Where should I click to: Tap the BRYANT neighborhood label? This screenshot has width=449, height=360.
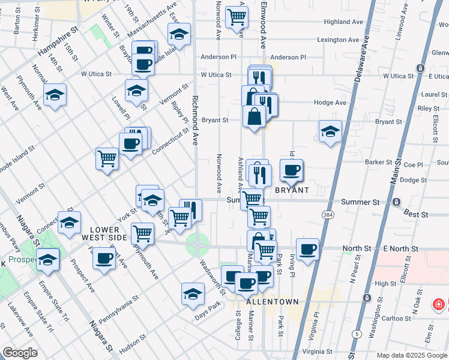click(x=292, y=190)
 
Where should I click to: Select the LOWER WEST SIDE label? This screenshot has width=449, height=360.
click(x=109, y=233)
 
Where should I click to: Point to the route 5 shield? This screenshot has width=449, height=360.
click(x=358, y=334)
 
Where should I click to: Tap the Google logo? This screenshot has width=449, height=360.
click(x=20, y=353)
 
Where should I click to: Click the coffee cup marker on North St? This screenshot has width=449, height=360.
click(x=308, y=248)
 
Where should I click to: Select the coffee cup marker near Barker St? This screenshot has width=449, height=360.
click(x=292, y=170)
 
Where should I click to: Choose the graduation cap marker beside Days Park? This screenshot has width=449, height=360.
click(x=193, y=293)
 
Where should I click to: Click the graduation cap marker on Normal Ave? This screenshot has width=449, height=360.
click(x=55, y=94)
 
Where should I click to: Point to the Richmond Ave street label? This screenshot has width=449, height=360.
click(x=195, y=120)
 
